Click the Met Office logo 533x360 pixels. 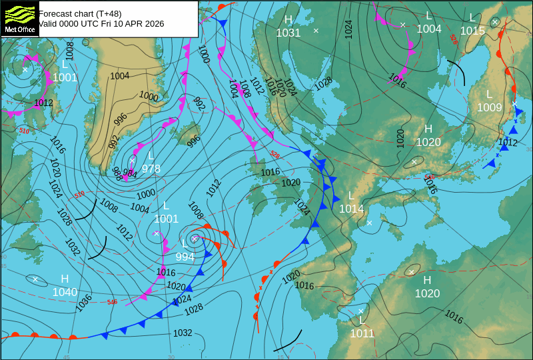point(19,19)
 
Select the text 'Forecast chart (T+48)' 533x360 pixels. point(80,13)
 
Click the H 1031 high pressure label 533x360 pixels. point(288,27)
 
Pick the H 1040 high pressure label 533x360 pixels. point(65,285)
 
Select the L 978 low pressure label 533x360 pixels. point(151,163)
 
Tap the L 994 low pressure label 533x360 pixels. point(185,251)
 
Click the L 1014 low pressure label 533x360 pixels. point(351,203)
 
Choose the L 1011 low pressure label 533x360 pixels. point(362,327)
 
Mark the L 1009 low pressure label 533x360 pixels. point(489,101)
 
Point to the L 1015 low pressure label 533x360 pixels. point(472,24)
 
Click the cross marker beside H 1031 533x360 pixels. point(316,31)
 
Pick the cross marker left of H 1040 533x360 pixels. point(35,279)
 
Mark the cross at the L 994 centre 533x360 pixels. point(195,238)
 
